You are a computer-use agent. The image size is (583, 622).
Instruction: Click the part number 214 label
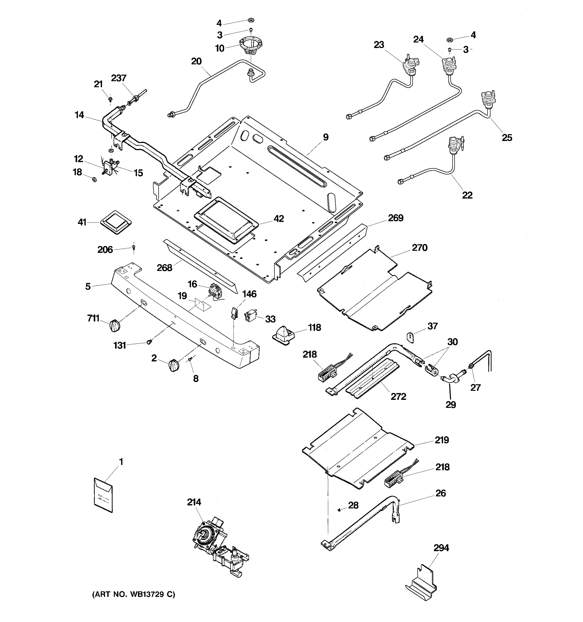tap(194, 502)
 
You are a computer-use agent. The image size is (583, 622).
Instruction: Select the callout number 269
tap(395, 218)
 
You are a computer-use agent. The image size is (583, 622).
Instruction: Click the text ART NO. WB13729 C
tap(133, 595)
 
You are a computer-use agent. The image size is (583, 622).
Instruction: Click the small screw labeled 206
tap(134, 248)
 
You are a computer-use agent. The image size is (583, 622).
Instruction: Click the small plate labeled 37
tap(410, 337)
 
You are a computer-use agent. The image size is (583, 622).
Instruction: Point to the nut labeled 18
tap(94, 180)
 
